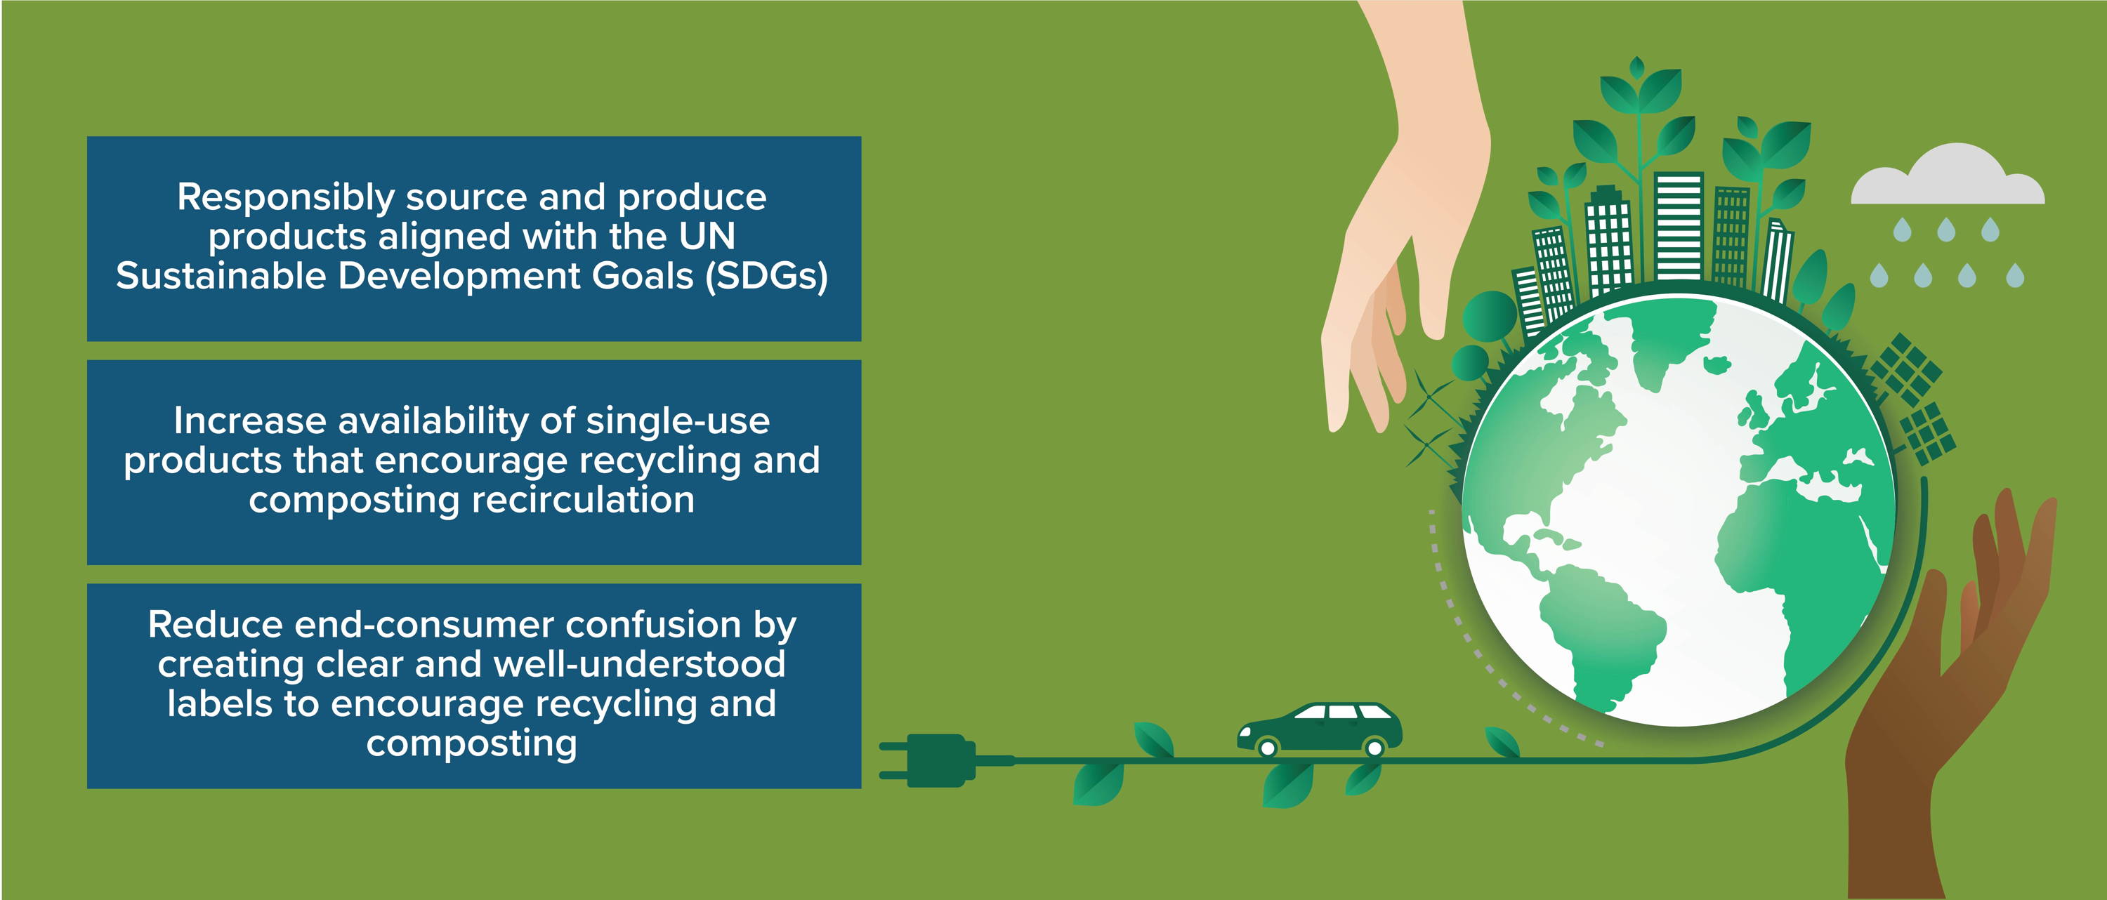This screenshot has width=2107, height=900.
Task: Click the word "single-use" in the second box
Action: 678,421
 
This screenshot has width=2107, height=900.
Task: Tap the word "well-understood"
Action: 640,663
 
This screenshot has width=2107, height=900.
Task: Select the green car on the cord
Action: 1319,729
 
